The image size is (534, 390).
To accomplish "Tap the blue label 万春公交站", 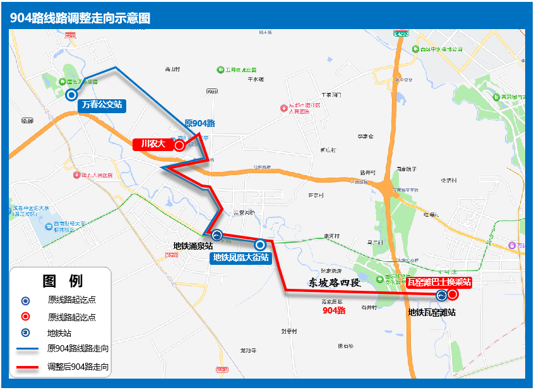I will (102, 106).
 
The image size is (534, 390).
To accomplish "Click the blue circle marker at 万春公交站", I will (71, 95).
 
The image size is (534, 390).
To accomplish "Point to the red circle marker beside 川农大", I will (179, 145).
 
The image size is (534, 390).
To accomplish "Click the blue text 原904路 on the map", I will (200, 123).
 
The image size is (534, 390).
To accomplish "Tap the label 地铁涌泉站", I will (194, 246).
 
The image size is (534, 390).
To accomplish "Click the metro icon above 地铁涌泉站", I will (217, 235).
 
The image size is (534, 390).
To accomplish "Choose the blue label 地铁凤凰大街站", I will (240, 257).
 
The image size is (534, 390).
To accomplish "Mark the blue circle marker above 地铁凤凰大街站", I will (259, 245).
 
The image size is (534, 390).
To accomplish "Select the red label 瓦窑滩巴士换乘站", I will (439, 282).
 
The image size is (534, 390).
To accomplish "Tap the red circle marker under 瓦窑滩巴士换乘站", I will (453, 295).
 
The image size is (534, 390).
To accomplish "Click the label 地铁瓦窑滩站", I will (432, 312).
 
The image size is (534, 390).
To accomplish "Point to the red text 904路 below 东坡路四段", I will (334, 310).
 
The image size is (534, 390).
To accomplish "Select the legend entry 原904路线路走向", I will (78, 348).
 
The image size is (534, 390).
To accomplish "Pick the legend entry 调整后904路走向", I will (78, 367).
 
